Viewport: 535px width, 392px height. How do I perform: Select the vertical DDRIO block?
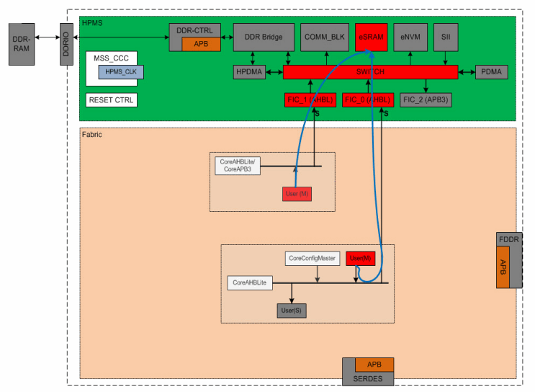tap(67, 43)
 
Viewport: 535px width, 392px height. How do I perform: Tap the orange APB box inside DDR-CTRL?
tap(201, 44)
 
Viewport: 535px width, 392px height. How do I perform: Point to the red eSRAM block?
tap(372, 37)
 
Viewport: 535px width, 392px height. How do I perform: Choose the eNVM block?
tap(410, 37)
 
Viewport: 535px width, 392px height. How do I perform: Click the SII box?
tap(445, 37)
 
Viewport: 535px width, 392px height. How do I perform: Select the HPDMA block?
tap(250, 72)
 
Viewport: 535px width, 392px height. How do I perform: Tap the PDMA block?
tap(492, 72)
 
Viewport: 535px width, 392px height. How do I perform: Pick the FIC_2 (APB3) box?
tap(426, 100)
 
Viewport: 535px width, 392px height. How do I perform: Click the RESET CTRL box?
tap(111, 100)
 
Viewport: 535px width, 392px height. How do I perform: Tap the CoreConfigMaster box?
tap(312, 258)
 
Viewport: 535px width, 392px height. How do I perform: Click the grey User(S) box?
tap(292, 311)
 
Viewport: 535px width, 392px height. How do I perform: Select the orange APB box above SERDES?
tap(374, 365)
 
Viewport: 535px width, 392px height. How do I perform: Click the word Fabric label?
tap(91, 135)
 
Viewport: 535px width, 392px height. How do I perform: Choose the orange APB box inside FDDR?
tap(503, 267)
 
